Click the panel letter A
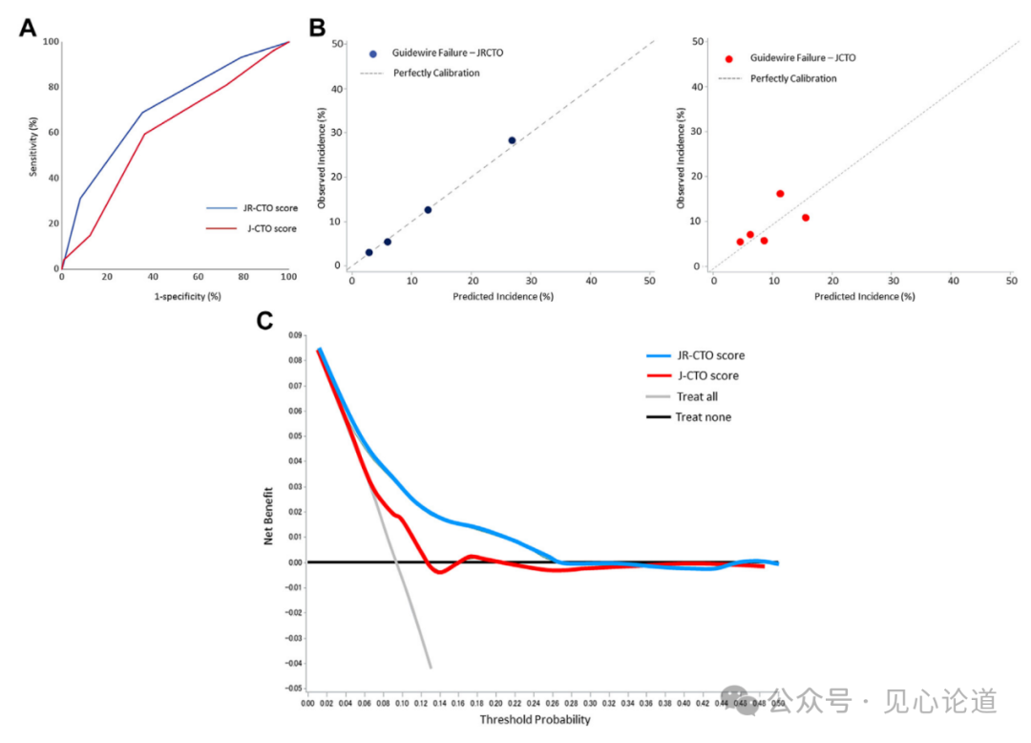(x=29, y=27)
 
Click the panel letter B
(x=317, y=27)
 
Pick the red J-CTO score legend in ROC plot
(x=263, y=228)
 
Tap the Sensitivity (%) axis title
(x=33, y=147)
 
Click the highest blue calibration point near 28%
(x=512, y=140)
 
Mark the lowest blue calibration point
(x=368, y=252)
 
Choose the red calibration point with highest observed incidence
(x=780, y=194)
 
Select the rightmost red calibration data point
(x=805, y=218)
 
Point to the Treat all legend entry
(x=696, y=396)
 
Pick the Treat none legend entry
(x=703, y=417)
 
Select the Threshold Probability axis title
(x=535, y=720)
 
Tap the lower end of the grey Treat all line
(x=430, y=667)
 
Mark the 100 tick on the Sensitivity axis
(x=49, y=42)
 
